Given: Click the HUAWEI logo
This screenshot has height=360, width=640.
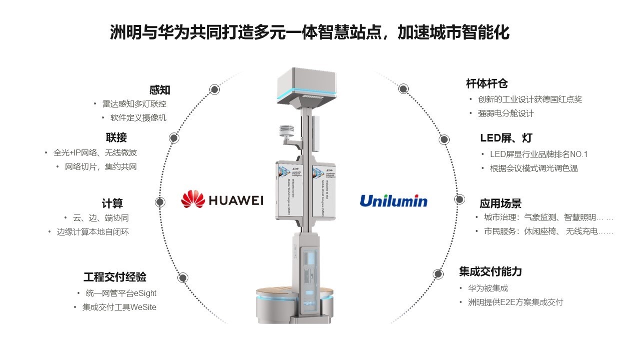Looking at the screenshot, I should pyautogui.click(x=222, y=200).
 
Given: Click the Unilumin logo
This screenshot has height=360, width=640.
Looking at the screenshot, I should pyautogui.click(x=394, y=201).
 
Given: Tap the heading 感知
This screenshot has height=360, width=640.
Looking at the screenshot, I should pyautogui.click(x=160, y=90).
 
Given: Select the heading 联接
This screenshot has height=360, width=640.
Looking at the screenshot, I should pyautogui.click(x=116, y=137).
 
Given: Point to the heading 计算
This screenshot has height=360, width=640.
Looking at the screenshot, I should pyautogui.click(x=112, y=203).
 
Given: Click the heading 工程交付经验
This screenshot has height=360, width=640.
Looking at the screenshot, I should pyautogui.click(x=115, y=277).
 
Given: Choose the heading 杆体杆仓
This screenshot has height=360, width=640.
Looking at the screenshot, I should pyautogui.click(x=487, y=84).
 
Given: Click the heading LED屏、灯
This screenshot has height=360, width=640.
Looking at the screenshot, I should pyautogui.click(x=506, y=138).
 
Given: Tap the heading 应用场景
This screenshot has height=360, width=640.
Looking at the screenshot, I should pyautogui.click(x=501, y=203).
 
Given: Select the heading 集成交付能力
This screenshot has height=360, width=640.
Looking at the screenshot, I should pyautogui.click(x=490, y=271).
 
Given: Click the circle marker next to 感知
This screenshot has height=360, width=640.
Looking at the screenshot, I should pyautogui.click(x=214, y=89).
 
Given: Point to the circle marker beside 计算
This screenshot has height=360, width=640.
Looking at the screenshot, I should pyautogui.click(x=160, y=202).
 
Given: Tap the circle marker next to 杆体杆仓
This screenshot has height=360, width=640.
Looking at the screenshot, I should pyautogui.click(x=404, y=89).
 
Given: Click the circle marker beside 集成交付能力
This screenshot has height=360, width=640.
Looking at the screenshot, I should pyautogui.click(x=438, y=273).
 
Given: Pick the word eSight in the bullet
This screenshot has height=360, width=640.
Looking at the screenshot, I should pyautogui.click(x=145, y=293).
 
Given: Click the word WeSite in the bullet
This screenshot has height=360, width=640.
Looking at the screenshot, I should pyautogui.click(x=143, y=307).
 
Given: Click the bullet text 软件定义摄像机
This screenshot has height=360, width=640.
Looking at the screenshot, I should pyautogui.click(x=138, y=118).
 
